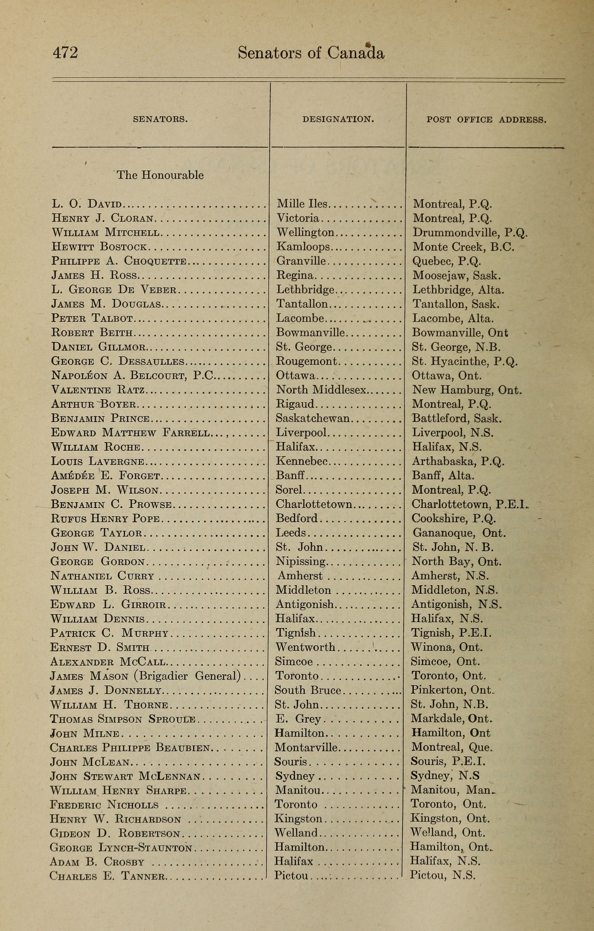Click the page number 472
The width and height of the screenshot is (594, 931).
pos(65,53)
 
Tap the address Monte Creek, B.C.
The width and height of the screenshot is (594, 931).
pos(463,247)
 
